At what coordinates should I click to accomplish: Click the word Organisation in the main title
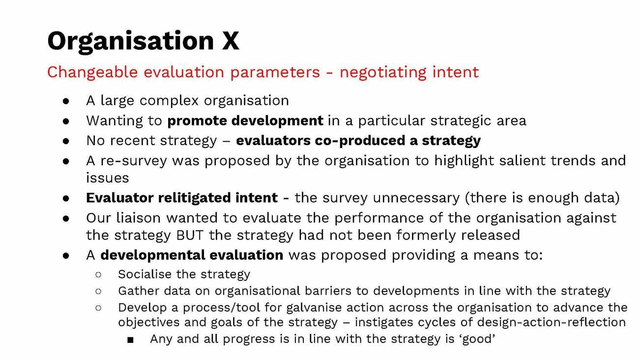[131, 41]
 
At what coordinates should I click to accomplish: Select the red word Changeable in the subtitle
[92, 72]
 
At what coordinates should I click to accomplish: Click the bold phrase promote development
[245, 120]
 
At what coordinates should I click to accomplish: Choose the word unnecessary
[418, 198]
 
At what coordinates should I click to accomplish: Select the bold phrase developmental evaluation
[192, 255]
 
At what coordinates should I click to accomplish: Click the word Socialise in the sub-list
[143, 274]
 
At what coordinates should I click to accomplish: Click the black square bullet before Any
[130, 339]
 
